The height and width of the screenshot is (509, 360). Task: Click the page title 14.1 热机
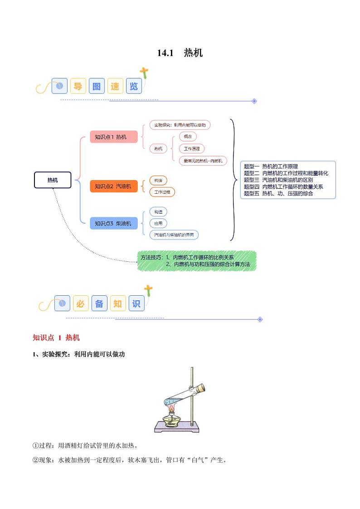coord(180,53)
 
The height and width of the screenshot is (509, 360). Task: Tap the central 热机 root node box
coord(53,180)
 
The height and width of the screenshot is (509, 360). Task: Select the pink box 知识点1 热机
coord(113,137)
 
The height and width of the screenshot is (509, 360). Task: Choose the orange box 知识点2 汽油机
coord(113,186)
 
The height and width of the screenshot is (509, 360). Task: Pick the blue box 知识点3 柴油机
coord(113,223)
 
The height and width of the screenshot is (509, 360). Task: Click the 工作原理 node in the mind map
coord(192,148)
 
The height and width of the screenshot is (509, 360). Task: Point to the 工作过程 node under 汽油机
coord(162,192)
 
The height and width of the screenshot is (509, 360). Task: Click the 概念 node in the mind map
coord(188,136)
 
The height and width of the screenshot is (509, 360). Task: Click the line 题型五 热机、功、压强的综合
coord(278,193)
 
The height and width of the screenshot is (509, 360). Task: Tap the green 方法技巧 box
coord(197,261)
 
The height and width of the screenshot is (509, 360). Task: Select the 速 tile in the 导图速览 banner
coord(115,86)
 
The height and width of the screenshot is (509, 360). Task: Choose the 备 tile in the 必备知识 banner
coord(99,303)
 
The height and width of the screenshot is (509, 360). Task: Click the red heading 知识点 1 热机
coord(56,338)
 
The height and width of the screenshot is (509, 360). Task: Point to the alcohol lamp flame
coord(172,410)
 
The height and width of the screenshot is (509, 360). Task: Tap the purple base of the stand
coord(176,427)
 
